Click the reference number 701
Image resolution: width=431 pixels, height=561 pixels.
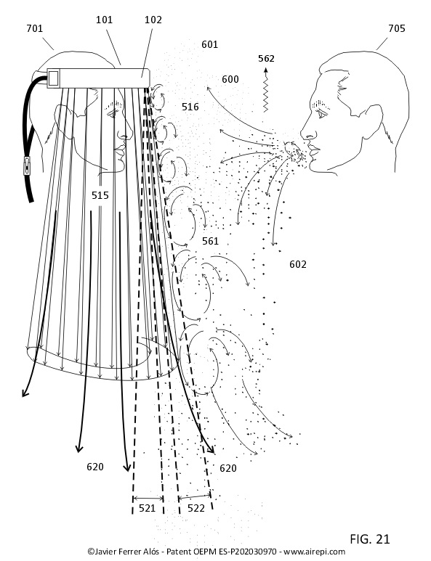[x=35, y=28]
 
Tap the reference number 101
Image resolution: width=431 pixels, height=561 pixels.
[x=104, y=20]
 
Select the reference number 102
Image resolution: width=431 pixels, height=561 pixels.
[x=153, y=20]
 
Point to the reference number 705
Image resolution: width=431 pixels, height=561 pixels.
[x=397, y=28]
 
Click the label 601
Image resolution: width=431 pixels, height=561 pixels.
[x=209, y=44]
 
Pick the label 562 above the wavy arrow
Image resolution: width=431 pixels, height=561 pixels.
[x=266, y=58]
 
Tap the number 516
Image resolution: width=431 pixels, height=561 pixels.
[x=190, y=107]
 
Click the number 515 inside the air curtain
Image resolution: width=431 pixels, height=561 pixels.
[x=100, y=195]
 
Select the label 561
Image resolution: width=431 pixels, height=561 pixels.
[x=210, y=241]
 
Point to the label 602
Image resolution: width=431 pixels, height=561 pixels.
[x=298, y=264]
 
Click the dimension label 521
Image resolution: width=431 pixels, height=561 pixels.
[x=147, y=508]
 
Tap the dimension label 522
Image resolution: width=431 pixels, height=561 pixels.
[x=196, y=508]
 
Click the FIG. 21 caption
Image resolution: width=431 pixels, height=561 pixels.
[x=370, y=539]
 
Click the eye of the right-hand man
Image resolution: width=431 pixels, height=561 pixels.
[x=321, y=114]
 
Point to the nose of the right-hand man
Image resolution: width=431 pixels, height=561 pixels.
[x=307, y=131]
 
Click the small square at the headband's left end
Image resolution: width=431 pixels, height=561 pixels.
[x=53, y=78]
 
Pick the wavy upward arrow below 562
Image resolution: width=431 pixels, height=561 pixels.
[x=266, y=89]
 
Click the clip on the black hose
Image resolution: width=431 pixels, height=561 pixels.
[x=27, y=165]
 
